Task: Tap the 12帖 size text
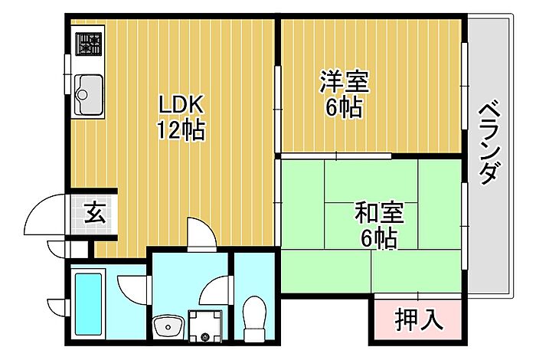point(181,130)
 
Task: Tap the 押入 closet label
point(419,318)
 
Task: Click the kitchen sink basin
point(89,94)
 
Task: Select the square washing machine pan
point(205,325)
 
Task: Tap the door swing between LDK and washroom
point(201,234)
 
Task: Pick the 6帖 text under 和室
point(378,239)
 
